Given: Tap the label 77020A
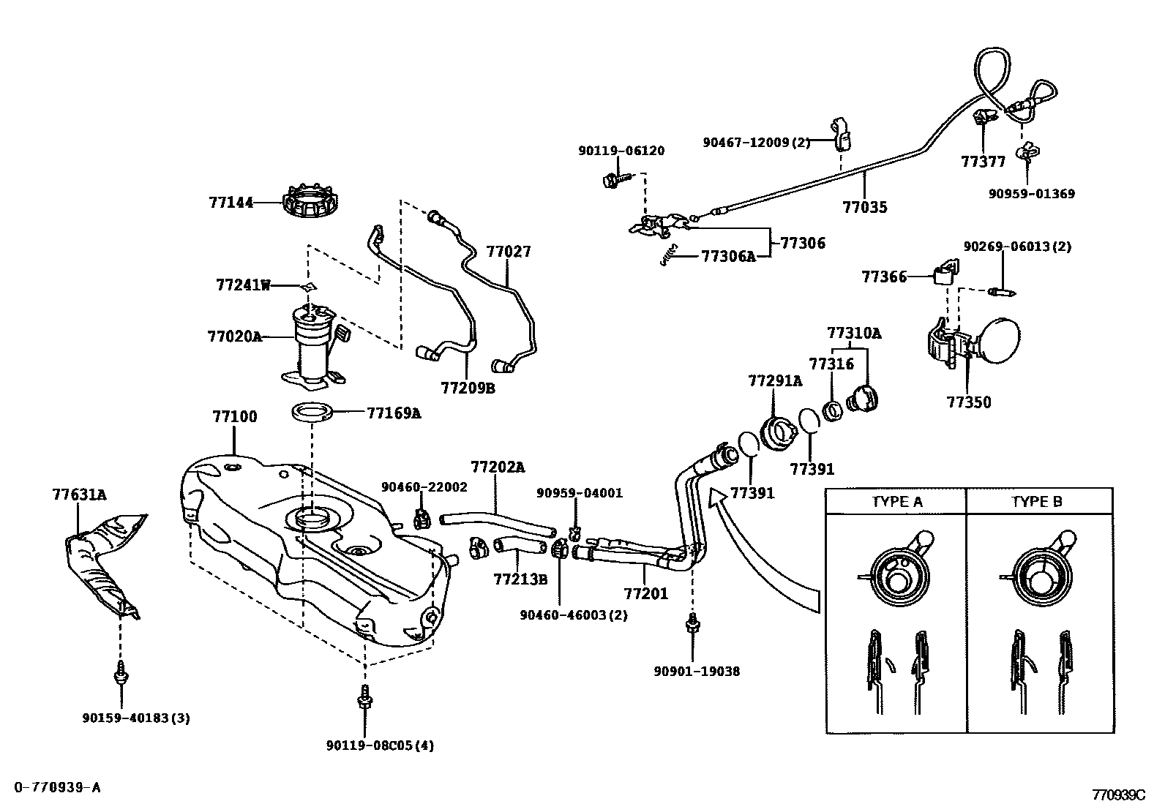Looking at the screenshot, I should point(234,337).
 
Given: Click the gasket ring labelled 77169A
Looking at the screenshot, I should point(314,412).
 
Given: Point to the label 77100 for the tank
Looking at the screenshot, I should point(234,417).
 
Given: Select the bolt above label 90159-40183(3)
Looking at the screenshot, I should point(119,672).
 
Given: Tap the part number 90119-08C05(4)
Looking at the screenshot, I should point(380,745).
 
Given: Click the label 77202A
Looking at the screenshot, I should point(498,467).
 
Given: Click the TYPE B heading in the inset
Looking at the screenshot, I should point(1036,502).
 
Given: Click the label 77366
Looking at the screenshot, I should point(884,277).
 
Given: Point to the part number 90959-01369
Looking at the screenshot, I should point(1031,194).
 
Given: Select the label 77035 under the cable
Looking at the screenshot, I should point(864,207).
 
